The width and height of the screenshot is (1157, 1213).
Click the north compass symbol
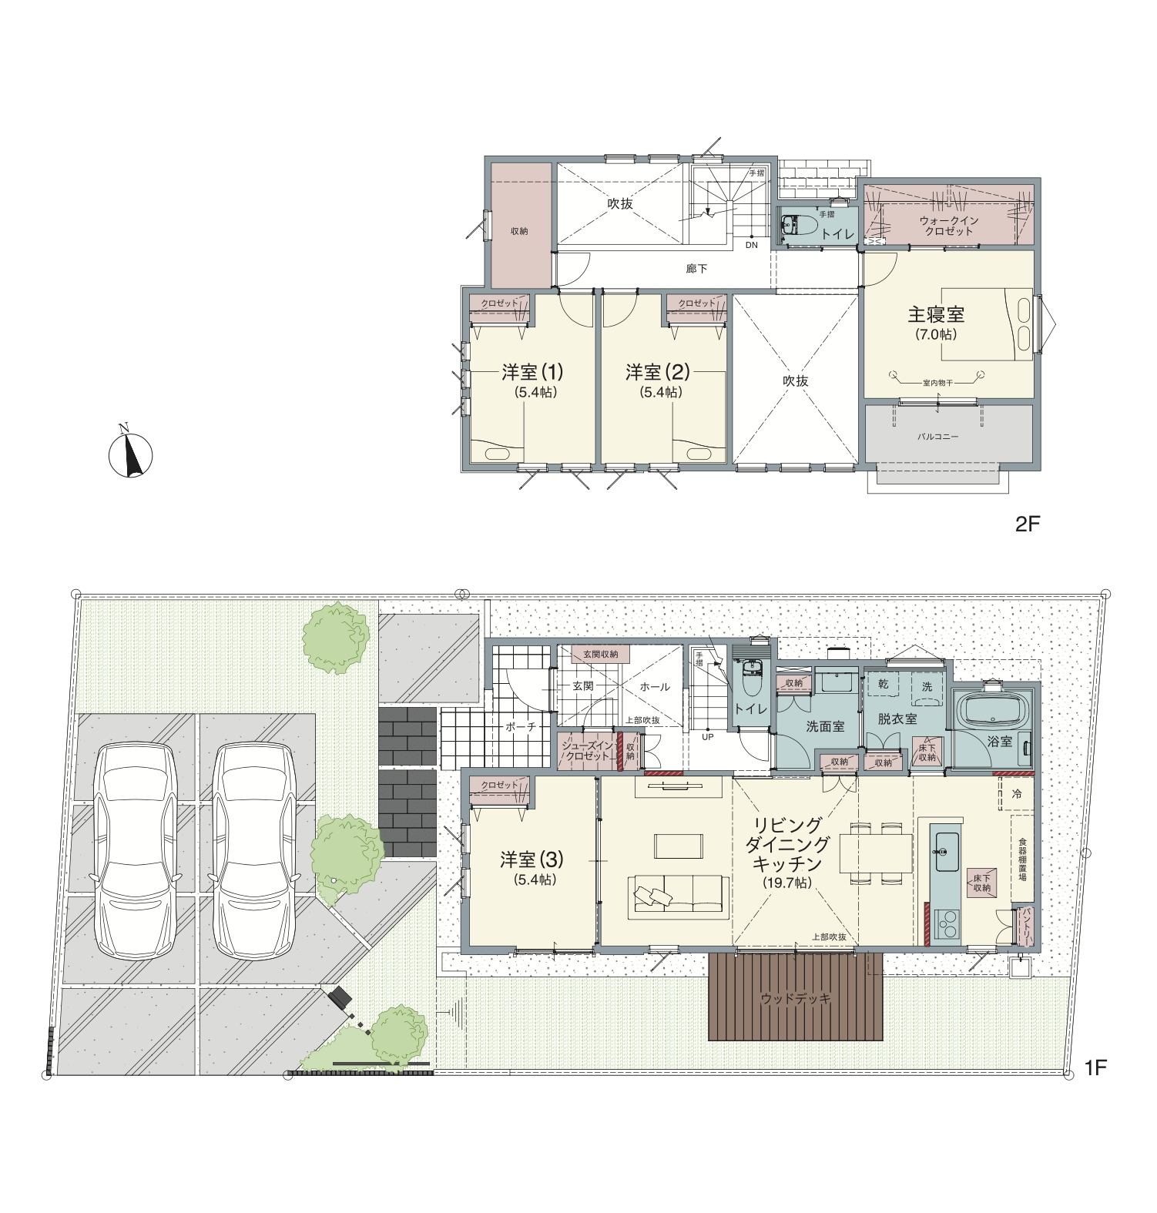[130, 452]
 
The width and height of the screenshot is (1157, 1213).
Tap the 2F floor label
[1028, 524]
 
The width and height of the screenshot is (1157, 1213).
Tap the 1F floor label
[1095, 1067]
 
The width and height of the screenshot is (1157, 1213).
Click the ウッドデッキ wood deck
[796, 997]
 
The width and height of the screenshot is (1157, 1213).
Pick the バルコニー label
[938, 437]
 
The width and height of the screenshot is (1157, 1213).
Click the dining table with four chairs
[876, 853]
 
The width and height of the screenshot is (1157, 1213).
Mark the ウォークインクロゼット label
[949, 226]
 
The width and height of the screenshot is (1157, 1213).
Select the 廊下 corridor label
[696, 269]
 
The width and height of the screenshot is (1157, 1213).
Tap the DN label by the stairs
[751, 245]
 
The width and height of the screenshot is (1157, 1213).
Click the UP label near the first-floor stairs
[707, 737]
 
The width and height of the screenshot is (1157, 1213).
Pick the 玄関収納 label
[600, 654]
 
